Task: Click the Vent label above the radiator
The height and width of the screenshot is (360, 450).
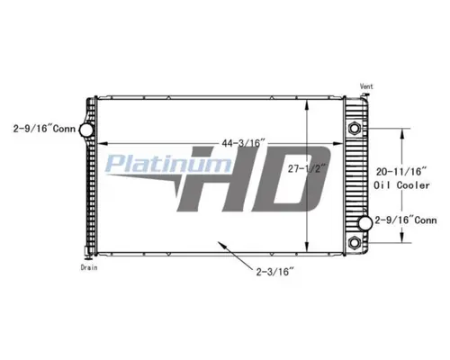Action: [367, 85]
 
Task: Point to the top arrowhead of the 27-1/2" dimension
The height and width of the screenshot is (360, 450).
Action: [310, 97]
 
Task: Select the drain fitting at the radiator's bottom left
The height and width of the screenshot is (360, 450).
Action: [87, 256]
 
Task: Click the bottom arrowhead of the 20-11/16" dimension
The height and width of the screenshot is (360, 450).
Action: [402, 239]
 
